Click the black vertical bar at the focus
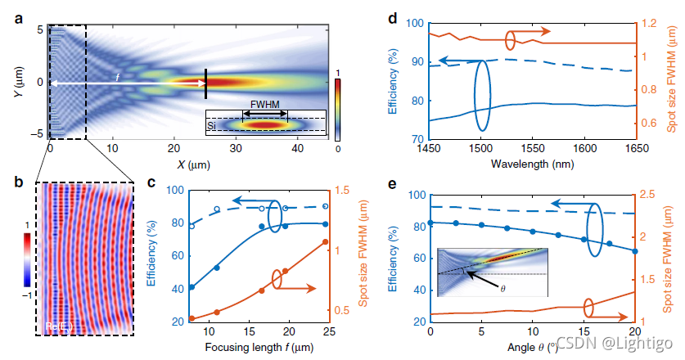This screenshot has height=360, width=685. point(206,83)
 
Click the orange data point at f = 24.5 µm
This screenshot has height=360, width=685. point(326,242)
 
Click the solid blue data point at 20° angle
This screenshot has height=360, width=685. point(635,250)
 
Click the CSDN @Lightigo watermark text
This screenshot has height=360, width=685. point(614,342)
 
